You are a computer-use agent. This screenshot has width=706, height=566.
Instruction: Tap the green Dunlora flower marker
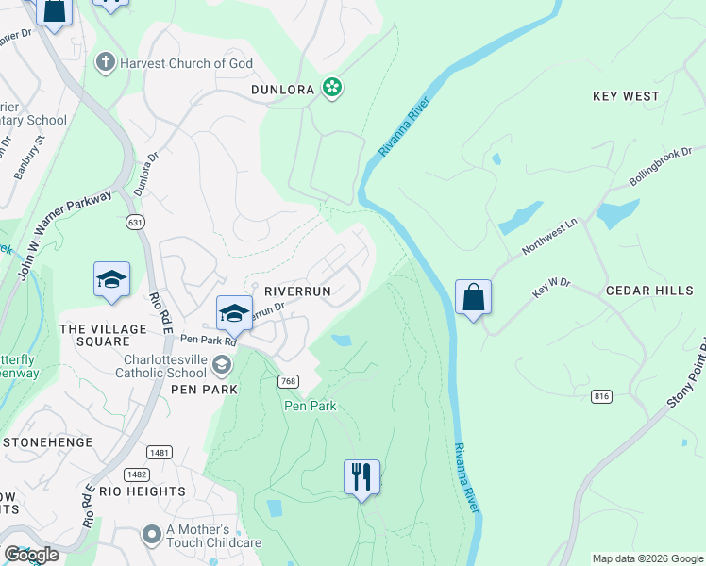tap(331, 88)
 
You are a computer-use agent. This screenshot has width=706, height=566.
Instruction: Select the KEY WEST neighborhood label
tap(626, 96)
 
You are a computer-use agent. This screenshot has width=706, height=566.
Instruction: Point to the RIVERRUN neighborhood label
tap(297, 291)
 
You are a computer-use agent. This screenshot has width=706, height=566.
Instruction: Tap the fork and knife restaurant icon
tap(361, 477)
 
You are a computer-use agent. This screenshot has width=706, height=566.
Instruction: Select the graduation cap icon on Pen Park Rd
tap(234, 313)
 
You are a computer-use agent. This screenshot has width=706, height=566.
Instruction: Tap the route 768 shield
tap(289, 381)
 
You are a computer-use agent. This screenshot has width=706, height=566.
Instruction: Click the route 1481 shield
tap(160, 453)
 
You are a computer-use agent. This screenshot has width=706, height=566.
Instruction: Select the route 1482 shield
tap(137, 474)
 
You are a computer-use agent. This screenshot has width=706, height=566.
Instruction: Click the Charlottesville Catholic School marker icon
tap(222, 364)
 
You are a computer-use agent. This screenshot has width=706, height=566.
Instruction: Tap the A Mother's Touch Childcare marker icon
tap(151, 535)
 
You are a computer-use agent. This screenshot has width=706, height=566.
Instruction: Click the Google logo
tap(32, 555)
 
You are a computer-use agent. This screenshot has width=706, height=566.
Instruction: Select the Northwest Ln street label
tap(550, 240)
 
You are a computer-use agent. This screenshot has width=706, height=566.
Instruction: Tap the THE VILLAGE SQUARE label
tap(93, 335)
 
